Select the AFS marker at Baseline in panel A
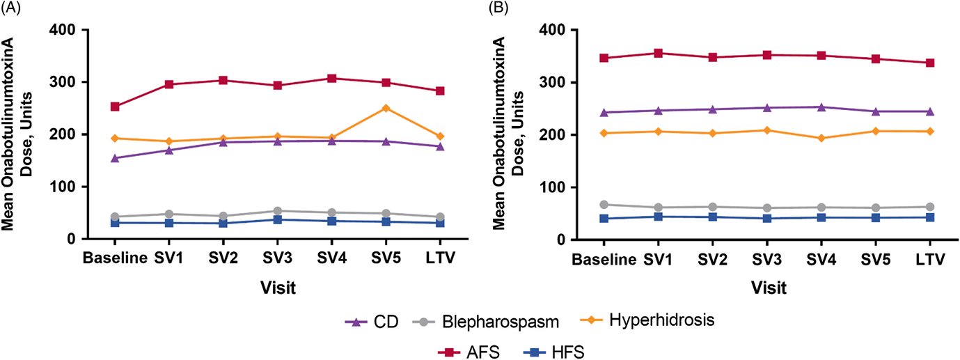point(115,107)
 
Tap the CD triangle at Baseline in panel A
point(115,158)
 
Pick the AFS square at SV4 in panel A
point(331,78)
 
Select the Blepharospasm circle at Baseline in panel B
point(604,205)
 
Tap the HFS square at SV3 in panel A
point(277,219)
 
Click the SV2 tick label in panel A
point(223,258)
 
